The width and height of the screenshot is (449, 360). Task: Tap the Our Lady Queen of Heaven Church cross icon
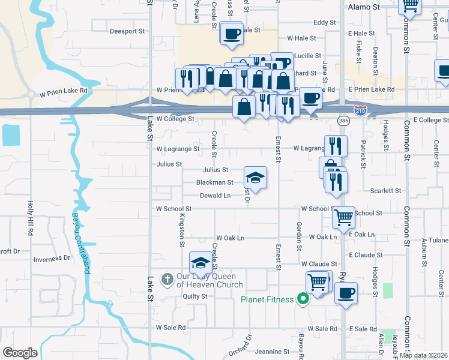pyautogui.click(x=167, y=279)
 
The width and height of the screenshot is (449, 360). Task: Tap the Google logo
pyautogui.click(x=20, y=353)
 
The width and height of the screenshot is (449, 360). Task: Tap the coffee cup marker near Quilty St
pyautogui.click(x=346, y=293)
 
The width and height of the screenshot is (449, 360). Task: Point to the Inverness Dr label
pyautogui.click(x=52, y=259)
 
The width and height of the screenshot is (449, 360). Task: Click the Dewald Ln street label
pyautogui.click(x=215, y=196)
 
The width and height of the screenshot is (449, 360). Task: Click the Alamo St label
pyautogui.click(x=365, y=7)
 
